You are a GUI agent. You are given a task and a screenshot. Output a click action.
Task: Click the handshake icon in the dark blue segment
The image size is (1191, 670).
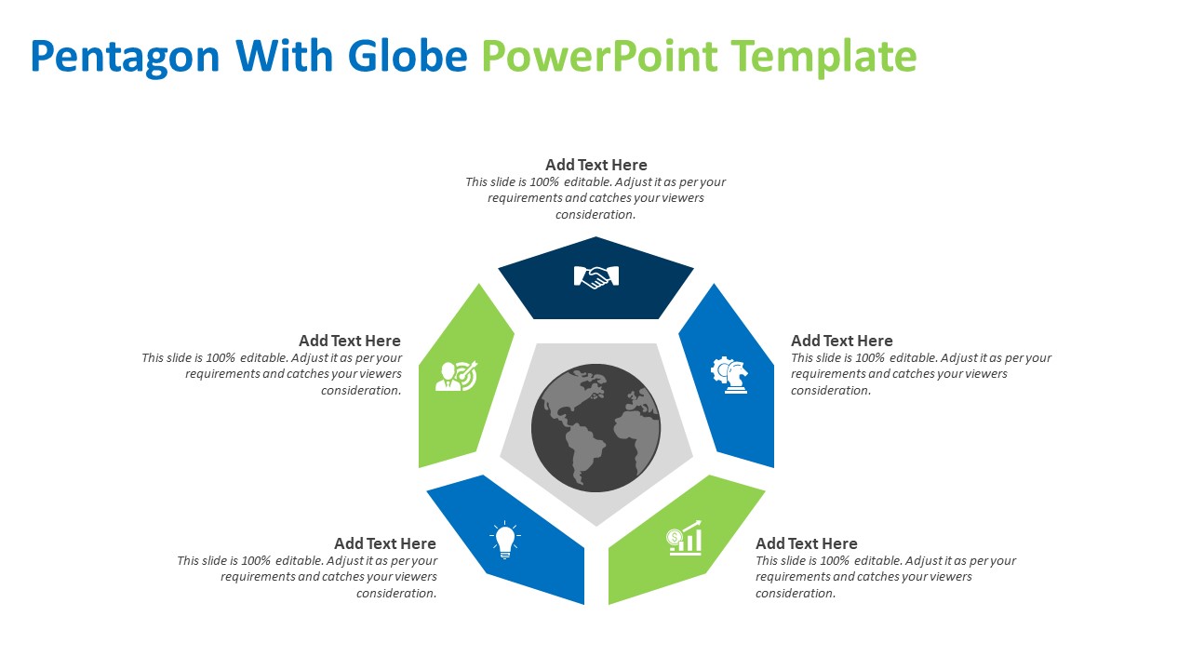595,276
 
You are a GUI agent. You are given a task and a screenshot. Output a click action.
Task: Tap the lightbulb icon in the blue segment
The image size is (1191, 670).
504,540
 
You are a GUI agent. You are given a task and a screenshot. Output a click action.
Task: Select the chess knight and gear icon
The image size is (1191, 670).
729,375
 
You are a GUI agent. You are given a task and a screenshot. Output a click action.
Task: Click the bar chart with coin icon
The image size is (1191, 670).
685,538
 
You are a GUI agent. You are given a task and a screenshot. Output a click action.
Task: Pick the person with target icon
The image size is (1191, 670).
456,375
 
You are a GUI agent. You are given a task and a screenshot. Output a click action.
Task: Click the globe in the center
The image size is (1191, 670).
595,427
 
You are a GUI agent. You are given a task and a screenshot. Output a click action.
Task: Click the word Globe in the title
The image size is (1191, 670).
407,56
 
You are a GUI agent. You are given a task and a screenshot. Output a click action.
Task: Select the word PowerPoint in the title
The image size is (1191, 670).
599,56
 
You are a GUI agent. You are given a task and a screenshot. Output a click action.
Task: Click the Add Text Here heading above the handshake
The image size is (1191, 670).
595,165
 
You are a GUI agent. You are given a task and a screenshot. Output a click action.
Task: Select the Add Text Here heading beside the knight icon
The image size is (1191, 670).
841,341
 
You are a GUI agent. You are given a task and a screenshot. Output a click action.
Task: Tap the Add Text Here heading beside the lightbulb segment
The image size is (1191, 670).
384,543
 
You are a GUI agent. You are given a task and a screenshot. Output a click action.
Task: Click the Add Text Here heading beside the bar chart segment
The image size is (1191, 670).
806,543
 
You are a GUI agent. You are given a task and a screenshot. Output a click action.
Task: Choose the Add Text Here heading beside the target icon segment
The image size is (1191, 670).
349,341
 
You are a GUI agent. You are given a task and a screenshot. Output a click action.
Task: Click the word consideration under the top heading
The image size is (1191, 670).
595,215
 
